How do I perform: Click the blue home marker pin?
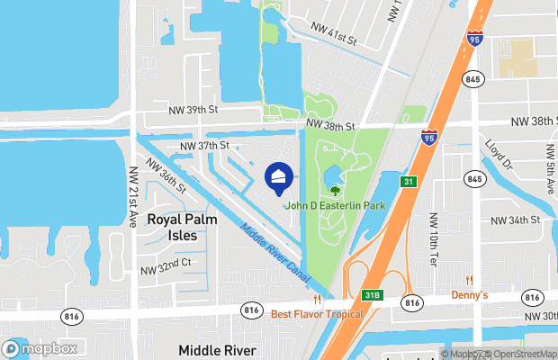pos(279,177)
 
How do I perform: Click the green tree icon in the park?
pos(335,191)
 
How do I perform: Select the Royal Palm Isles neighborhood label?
pos(177,227)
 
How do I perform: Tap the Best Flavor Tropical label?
pos(317,314)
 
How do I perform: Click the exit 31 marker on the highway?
pos(408,182)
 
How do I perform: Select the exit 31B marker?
pos(373,293)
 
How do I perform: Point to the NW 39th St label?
pos(193,110)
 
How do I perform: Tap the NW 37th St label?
pos(205,145)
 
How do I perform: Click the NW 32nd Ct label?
pos(166,264)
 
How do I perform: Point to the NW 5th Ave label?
pos(549,169)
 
